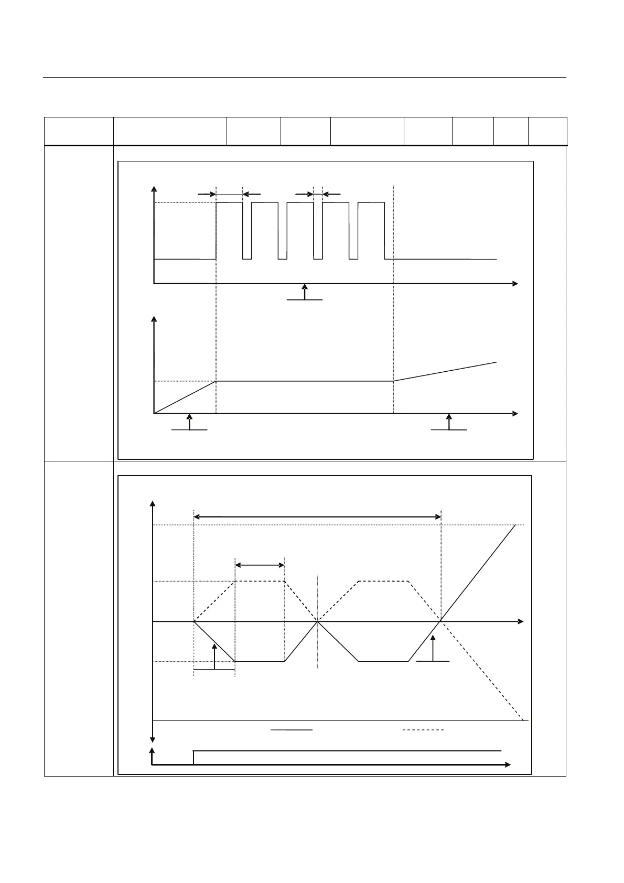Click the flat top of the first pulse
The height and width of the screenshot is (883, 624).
click(230, 202)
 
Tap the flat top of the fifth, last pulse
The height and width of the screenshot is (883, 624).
click(371, 202)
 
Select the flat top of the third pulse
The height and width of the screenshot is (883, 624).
click(300, 202)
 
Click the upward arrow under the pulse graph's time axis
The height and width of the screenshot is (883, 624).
click(305, 292)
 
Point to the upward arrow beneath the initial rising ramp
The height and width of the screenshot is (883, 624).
click(190, 422)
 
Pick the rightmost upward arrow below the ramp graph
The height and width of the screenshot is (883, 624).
click(448, 422)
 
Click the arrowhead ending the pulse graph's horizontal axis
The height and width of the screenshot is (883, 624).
click(515, 284)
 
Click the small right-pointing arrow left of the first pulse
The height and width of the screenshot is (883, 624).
click(207, 194)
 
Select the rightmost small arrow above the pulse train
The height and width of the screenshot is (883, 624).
click(331, 194)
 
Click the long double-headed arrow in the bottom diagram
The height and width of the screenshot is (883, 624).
click(317, 517)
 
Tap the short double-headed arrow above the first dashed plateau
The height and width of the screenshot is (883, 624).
click(260, 565)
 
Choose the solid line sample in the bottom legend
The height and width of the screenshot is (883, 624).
click(292, 729)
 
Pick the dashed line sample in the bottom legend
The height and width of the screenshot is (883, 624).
click(423, 729)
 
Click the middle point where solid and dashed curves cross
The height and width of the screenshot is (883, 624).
click(318, 621)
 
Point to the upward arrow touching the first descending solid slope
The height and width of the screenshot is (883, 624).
click(214, 655)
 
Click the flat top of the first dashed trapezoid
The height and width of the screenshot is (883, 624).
click(260, 581)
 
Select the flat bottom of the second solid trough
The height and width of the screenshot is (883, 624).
click(383, 662)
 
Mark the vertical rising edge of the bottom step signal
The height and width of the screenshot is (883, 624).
click(193, 758)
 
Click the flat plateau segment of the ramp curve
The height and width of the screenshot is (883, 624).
click(304, 381)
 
